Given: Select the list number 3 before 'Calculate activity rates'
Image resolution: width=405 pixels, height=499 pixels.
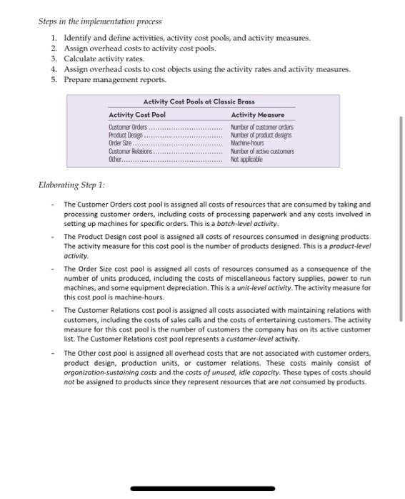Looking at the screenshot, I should (x=54, y=58).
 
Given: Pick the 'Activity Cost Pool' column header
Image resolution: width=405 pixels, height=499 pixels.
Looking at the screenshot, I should (x=136, y=115).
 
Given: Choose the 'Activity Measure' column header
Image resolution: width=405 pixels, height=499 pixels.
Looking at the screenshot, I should (x=258, y=115).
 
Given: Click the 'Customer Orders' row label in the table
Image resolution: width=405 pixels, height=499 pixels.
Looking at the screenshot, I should (x=128, y=127).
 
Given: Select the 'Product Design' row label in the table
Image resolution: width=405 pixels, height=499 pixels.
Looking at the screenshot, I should (x=126, y=135).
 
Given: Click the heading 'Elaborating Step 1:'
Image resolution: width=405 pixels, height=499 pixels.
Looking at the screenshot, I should (x=71, y=185).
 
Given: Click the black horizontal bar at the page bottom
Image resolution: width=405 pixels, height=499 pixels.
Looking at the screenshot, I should (x=202, y=489).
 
